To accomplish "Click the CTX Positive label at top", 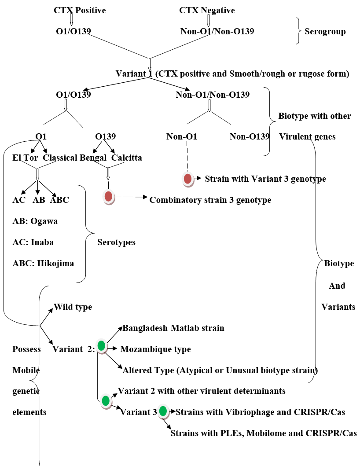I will coord(80,10).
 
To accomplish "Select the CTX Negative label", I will coord(207,10).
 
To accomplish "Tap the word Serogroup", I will coord(325,31).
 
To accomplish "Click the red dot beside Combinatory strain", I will coord(108,196).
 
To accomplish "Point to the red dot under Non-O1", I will coord(187,178).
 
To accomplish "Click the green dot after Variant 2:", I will coord(102,346).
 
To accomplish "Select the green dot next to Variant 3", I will coord(163,411).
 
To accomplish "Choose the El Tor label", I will coord(25,158).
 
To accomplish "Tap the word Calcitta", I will coord(127,158).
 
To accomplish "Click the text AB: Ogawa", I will coord(35,221).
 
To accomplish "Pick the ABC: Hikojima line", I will coord(43,263).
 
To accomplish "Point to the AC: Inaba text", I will coord(33,242).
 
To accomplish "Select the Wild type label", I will coord(73,307).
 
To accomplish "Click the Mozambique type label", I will coord(155,349).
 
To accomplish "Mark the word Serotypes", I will coord(116,242).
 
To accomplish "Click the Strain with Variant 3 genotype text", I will coord(265,179).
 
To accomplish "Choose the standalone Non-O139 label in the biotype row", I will coord(250,136).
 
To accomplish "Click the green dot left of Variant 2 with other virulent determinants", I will coord(106,400).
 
